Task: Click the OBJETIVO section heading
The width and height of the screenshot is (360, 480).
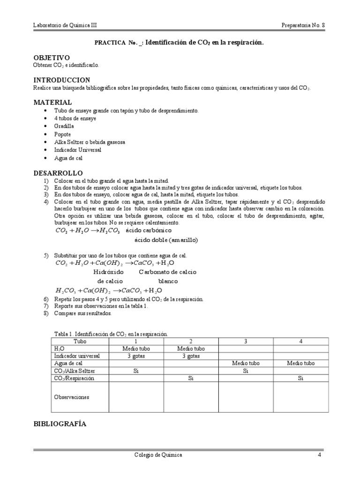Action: click(x=51, y=57)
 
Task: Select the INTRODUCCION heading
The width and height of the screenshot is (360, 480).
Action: click(x=61, y=80)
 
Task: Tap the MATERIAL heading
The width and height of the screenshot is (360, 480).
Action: click(x=52, y=102)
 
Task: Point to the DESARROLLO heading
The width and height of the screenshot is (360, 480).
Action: click(x=58, y=173)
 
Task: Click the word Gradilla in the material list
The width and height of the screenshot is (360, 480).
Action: click(x=64, y=126)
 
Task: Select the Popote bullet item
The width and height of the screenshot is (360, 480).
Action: click(x=62, y=134)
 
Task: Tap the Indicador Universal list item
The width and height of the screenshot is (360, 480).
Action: click(x=77, y=150)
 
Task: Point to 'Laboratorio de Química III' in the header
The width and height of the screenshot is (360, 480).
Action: click(x=65, y=25)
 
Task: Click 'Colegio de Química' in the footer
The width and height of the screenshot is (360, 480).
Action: click(x=157, y=455)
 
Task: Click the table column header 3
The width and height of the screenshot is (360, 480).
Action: click(x=246, y=341)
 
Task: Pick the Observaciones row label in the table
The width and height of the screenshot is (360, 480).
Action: click(x=72, y=397)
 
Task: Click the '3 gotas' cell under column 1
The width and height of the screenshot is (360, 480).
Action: click(x=135, y=356)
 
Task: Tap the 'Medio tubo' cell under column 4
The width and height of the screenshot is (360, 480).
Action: click(x=301, y=363)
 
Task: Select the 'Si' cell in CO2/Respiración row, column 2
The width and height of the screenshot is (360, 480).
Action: click(x=191, y=378)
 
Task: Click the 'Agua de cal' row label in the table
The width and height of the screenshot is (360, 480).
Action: click(x=68, y=363)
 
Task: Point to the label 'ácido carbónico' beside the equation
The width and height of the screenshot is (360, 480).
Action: click(x=146, y=231)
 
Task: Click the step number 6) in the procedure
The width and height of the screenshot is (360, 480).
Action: click(x=46, y=299)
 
